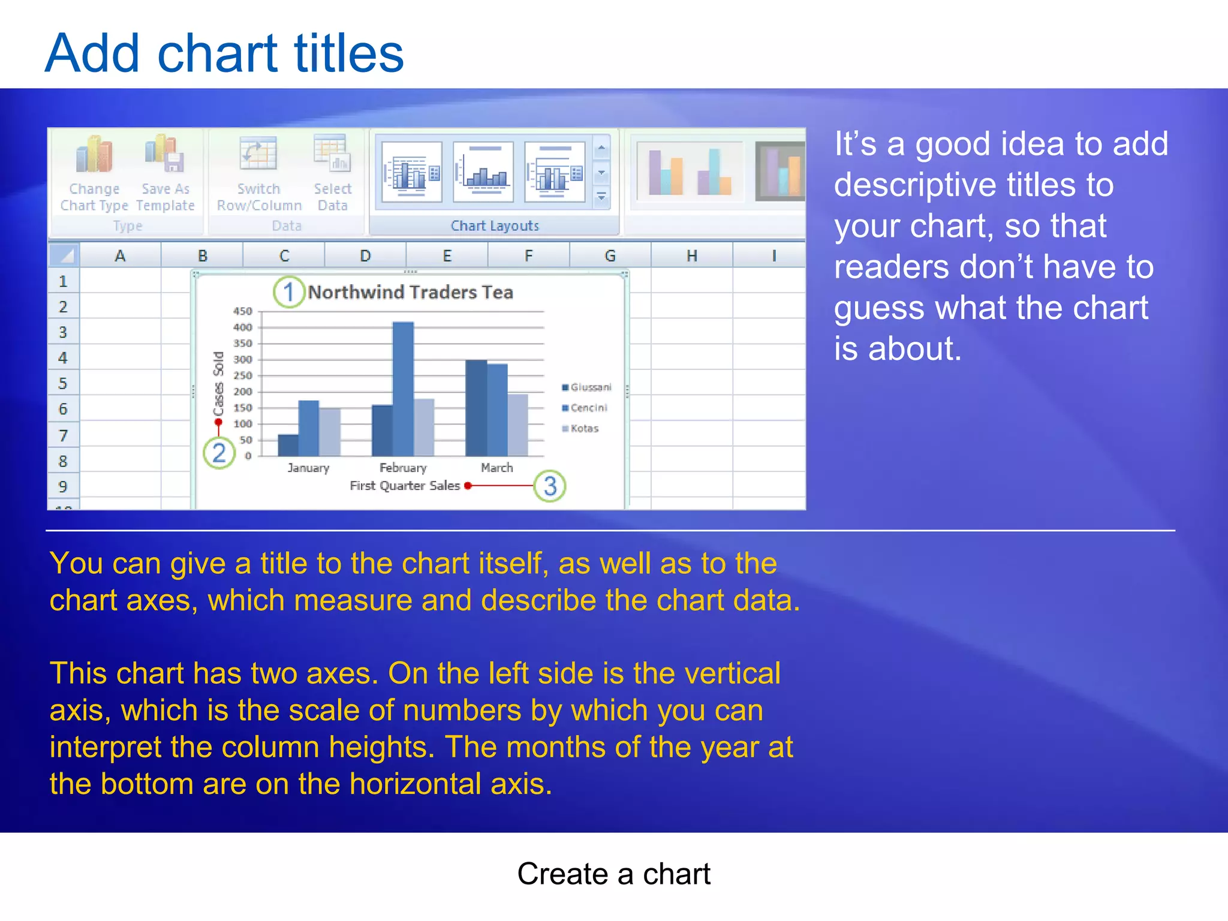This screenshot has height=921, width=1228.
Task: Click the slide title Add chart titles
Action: pyautogui.click(x=224, y=54)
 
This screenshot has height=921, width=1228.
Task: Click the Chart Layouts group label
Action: pyautogui.click(x=495, y=226)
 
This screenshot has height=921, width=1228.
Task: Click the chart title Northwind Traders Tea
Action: pyautogui.click(x=410, y=293)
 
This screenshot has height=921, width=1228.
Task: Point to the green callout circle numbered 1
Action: pyautogui.click(x=289, y=293)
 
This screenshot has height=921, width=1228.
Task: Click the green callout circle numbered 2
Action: pyautogui.click(x=219, y=453)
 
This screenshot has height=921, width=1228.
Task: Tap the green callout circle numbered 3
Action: pyautogui.click(x=550, y=486)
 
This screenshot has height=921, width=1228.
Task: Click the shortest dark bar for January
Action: pyautogui.click(x=288, y=445)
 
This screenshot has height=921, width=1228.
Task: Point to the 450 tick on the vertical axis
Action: pyautogui.click(x=243, y=311)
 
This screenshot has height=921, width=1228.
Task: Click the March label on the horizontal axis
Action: pyautogui.click(x=496, y=468)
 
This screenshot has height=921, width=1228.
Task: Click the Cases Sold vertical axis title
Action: pyautogui.click(x=218, y=384)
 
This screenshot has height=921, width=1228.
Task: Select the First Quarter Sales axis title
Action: pyautogui.click(x=405, y=486)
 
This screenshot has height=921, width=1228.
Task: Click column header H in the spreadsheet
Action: pyautogui.click(x=691, y=256)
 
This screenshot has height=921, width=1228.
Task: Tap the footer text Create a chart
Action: pyautogui.click(x=613, y=874)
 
